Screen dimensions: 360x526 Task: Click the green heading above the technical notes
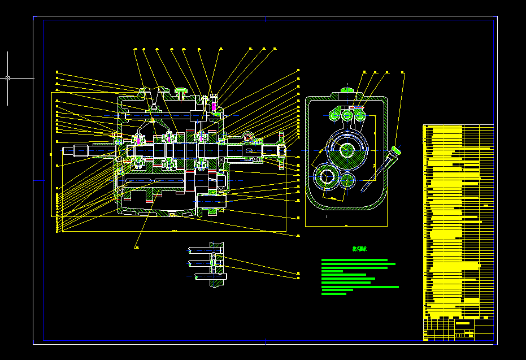(360, 249)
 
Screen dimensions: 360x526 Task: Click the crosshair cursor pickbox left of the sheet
(7, 78)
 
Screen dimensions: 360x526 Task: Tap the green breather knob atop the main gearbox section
(181, 90)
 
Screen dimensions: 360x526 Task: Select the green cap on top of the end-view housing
(347, 89)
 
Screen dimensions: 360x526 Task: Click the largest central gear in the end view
(347, 150)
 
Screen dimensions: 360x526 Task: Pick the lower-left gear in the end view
(325, 176)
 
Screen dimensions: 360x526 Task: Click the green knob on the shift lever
(396, 150)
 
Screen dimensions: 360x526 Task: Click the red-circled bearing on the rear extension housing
(248, 139)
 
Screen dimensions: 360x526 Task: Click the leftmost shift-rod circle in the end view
(333, 116)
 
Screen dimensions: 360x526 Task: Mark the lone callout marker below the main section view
(136, 247)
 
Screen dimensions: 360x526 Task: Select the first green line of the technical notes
(354, 260)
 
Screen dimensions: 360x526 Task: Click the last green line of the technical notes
(334, 294)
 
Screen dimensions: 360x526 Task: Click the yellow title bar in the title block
(463, 323)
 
